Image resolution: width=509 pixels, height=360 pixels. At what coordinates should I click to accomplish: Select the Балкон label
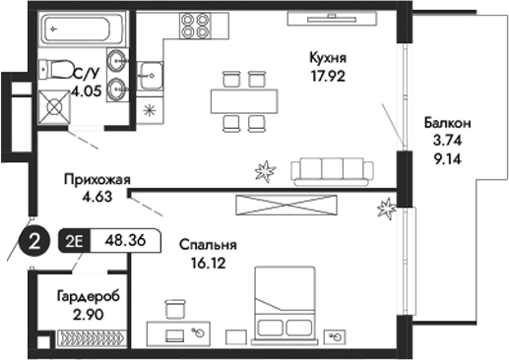pos(448,124)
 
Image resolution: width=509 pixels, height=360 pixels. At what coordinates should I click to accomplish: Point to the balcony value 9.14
pos(448,155)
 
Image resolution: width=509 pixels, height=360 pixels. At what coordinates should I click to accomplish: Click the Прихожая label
pos(95,179)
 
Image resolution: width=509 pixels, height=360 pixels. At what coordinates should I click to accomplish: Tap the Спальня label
pos(208,244)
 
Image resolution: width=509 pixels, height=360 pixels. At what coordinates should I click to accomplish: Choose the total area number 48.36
pos(120,240)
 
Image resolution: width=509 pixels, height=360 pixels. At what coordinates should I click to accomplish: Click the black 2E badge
pos(75,240)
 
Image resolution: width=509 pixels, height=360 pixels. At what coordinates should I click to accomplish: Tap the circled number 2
pos(35,240)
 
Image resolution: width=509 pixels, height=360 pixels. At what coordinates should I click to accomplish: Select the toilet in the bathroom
pos(56,71)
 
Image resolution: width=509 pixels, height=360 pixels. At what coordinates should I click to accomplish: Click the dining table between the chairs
pos(242,100)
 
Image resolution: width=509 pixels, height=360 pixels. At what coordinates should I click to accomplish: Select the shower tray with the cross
pos(49,106)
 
